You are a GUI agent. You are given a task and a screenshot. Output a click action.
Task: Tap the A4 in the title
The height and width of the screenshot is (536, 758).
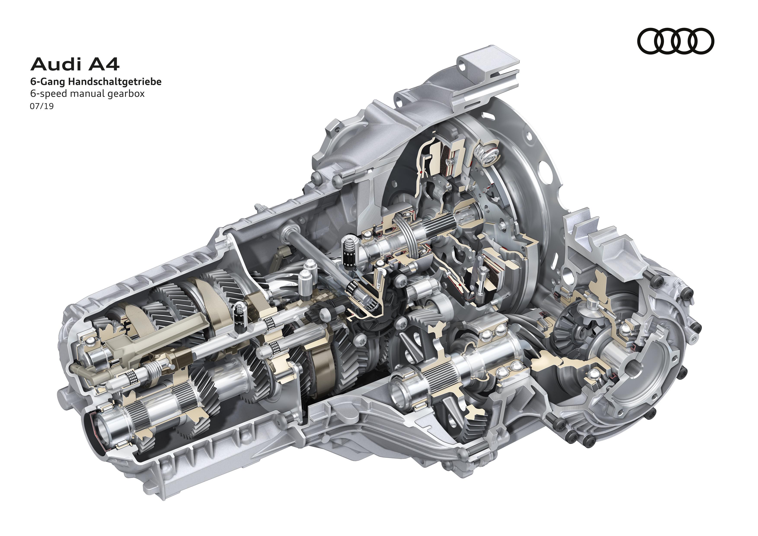103,64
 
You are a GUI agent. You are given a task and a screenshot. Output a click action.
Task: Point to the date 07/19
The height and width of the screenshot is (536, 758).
41,107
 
